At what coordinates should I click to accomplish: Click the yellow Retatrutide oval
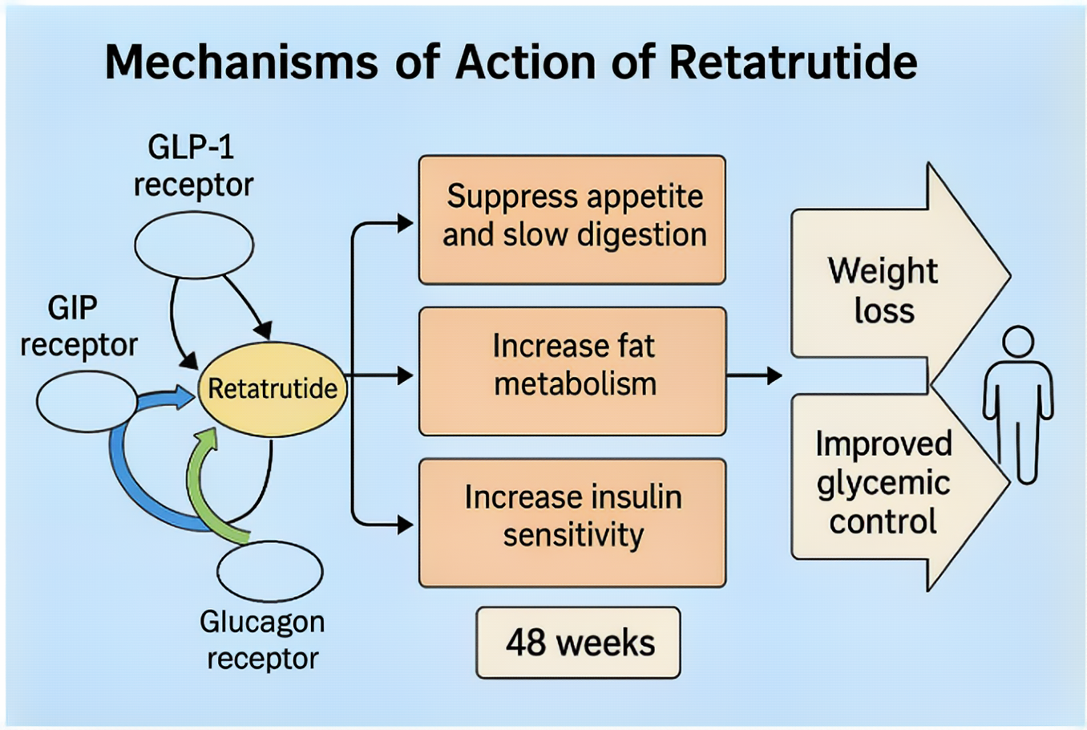coord(273,389)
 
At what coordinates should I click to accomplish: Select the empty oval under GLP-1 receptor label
coord(194,245)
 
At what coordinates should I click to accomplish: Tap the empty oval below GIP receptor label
coord(87,401)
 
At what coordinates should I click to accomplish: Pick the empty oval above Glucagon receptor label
coord(270,571)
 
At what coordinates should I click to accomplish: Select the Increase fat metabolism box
coord(572,371)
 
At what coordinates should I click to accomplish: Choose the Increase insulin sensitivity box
coord(572,522)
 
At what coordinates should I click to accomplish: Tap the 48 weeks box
coord(579,643)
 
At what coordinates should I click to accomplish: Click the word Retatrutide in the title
coord(793,62)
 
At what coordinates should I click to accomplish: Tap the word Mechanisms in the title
coord(241,62)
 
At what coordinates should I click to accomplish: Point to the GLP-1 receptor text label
coord(192,166)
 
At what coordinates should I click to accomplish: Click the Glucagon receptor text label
coord(262,639)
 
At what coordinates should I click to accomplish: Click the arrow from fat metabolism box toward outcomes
coord(754,375)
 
